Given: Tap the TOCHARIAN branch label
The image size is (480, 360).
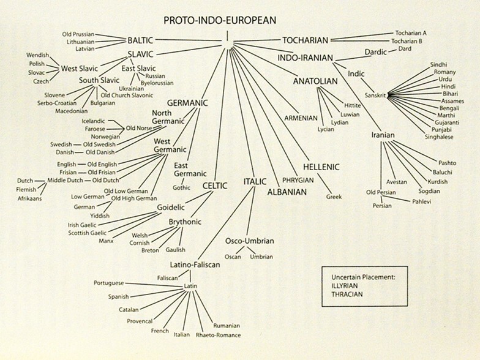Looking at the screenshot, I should pos(307,41).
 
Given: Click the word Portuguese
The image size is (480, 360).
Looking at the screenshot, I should pos(110,283).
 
